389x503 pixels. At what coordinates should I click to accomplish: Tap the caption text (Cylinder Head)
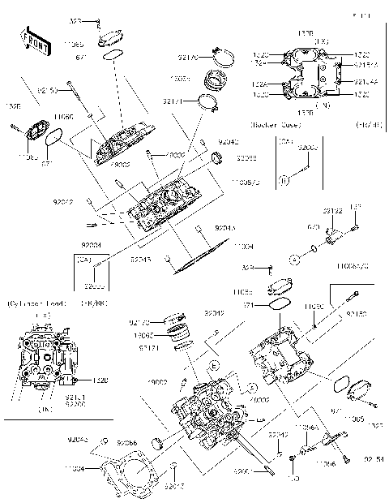[x=32, y=303]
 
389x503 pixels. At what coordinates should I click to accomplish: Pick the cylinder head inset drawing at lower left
[x=41, y=356]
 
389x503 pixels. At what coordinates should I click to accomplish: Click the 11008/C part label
[x=248, y=182]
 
